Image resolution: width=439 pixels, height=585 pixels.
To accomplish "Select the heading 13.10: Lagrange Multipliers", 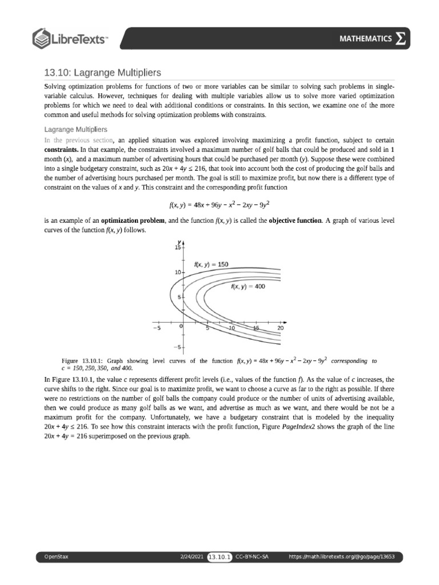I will click(x=103, y=73).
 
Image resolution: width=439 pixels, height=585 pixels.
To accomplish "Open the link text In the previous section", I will click(x=79, y=140).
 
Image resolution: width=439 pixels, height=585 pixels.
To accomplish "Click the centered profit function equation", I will click(x=219, y=203).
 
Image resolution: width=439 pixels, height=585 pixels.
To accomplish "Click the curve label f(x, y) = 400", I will click(x=248, y=287).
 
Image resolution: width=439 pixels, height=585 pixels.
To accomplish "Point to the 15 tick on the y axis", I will click(x=177, y=248).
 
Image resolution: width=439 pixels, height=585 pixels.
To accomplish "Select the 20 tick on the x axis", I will click(x=280, y=328).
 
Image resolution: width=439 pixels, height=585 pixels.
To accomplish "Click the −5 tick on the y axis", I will click(x=177, y=347).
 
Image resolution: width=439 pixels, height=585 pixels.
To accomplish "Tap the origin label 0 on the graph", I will click(x=181, y=326).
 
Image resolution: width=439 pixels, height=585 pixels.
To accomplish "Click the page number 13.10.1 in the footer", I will click(x=219, y=556).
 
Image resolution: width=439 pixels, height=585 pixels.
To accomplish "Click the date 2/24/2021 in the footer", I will click(x=192, y=556).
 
